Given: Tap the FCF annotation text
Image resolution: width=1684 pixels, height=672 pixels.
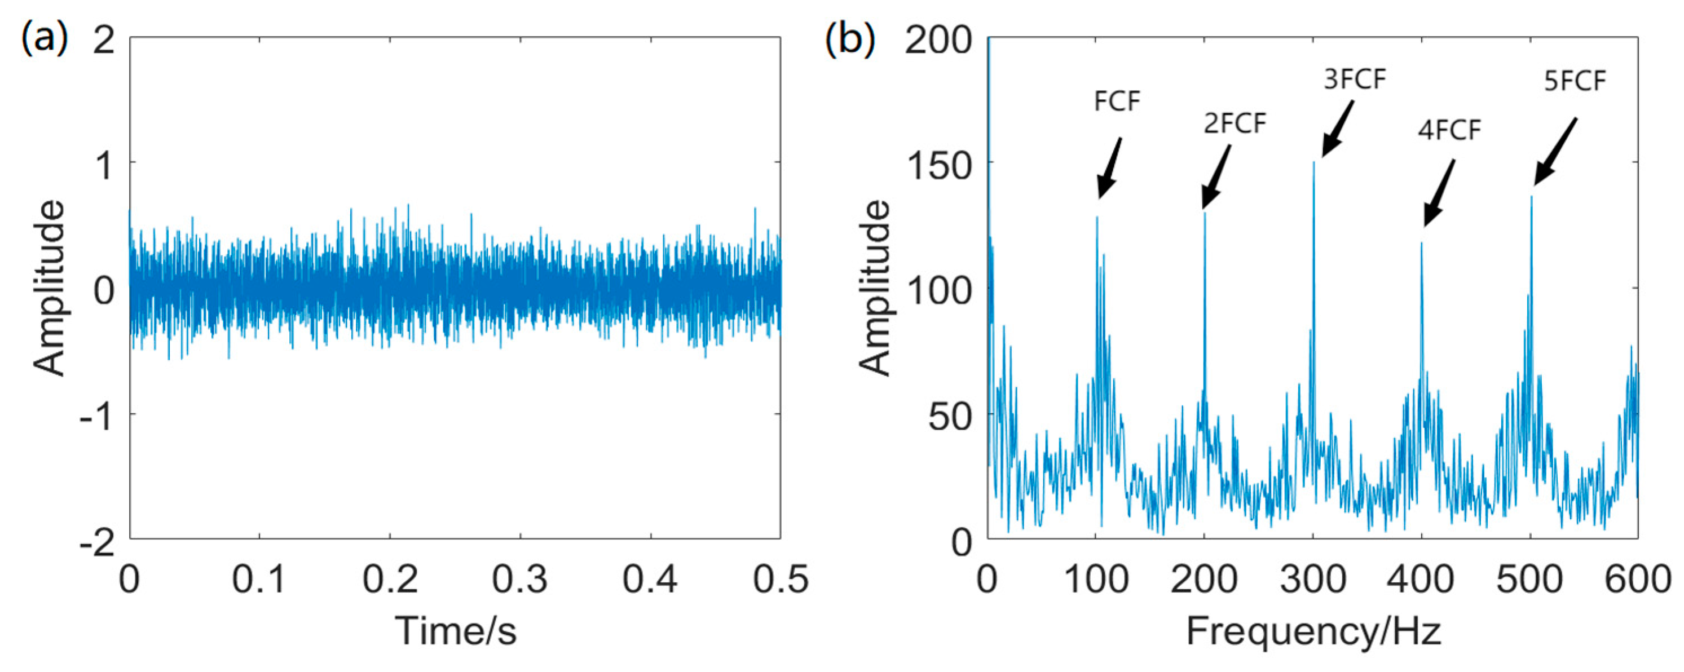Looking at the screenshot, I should pyautogui.click(x=1117, y=101).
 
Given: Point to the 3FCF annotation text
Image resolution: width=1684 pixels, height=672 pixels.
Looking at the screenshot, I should pyautogui.click(x=1355, y=79).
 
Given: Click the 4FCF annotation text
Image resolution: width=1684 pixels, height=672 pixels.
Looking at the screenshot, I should pyautogui.click(x=1449, y=131).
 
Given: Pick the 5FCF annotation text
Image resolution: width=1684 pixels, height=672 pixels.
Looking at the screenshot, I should pyautogui.click(x=1575, y=81).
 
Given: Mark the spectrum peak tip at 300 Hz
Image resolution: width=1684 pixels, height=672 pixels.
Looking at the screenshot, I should pyautogui.click(x=1313, y=162).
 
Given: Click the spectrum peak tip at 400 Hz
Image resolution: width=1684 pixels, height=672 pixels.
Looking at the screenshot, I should pyautogui.click(x=1421, y=243).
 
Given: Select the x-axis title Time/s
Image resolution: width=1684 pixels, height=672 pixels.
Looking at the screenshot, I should pyautogui.click(x=456, y=631).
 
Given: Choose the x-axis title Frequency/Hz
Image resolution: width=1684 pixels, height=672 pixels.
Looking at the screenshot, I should pyautogui.click(x=1313, y=631).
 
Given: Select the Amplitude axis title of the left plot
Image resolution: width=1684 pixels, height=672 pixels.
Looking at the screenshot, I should pyautogui.click(x=50, y=288).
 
